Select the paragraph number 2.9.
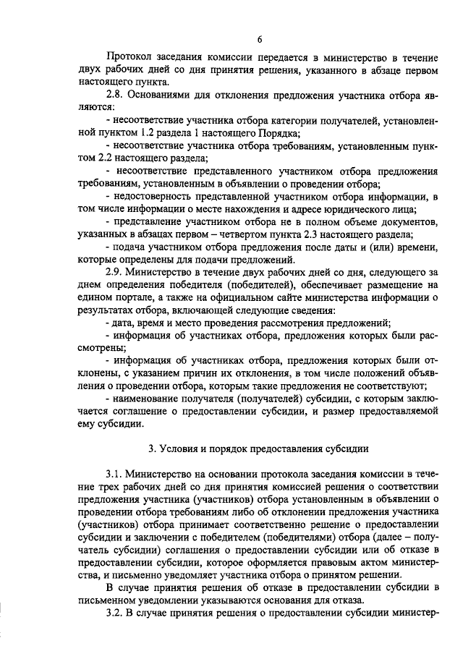(116, 272)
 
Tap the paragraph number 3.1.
(116, 473)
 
